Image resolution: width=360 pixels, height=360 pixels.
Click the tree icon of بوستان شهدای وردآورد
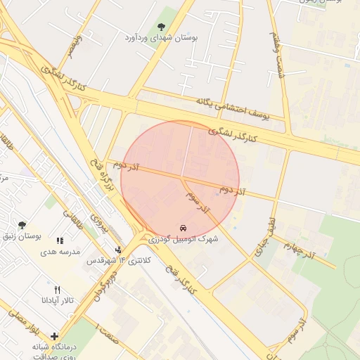162,27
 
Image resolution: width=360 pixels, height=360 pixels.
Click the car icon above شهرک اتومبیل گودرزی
183,229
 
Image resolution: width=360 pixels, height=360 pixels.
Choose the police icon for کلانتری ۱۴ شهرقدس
118,250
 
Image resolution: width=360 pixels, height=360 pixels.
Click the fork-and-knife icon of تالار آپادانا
57,290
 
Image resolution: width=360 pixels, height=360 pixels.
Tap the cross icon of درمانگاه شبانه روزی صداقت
54,336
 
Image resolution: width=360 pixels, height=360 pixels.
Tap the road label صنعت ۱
109,336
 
